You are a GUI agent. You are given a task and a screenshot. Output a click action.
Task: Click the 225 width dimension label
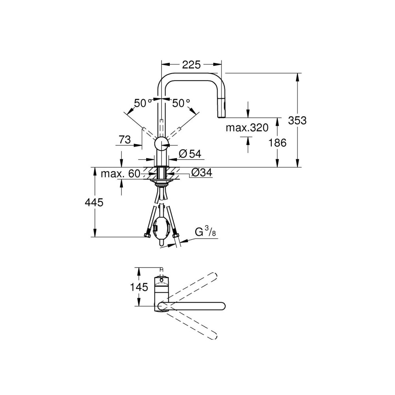(x=191, y=65)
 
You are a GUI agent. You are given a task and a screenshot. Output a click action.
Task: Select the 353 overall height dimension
(x=297, y=120)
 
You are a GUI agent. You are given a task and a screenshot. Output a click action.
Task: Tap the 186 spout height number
(x=277, y=143)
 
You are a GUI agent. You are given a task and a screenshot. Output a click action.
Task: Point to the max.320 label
(x=247, y=128)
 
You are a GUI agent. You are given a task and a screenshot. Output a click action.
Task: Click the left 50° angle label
(x=143, y=103)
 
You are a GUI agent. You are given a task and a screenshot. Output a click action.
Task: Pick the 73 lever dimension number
(x=125, y=139)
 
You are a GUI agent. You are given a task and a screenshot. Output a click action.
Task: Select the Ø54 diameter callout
(x=190, y=154)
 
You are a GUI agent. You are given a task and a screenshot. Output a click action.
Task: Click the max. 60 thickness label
(x=120, y=173)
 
